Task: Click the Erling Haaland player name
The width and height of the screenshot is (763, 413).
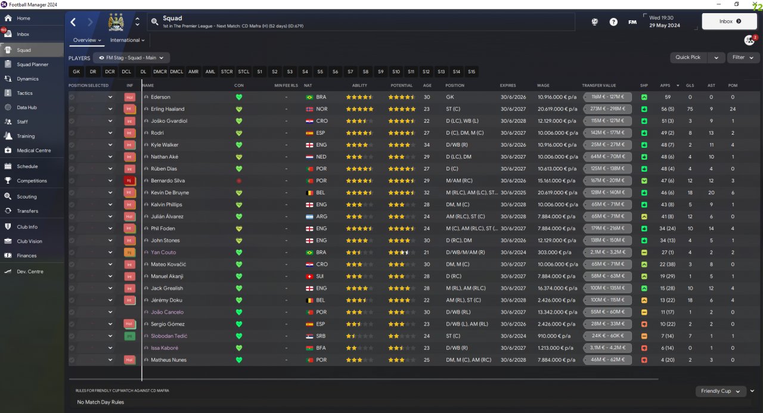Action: (x=168, y=109)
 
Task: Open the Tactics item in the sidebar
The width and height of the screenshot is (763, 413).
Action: (x=24, y=93)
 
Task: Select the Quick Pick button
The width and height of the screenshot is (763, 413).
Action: (x=688, y=57)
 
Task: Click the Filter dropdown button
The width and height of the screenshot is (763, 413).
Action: (x=743, y=57)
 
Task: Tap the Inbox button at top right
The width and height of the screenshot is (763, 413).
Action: (x=729, y=21)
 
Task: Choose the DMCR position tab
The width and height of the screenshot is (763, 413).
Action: (x=160, y=72)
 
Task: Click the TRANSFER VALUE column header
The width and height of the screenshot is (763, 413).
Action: (x=598, y=85)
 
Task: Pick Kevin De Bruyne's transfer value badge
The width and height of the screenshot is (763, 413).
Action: (x=607, y=192)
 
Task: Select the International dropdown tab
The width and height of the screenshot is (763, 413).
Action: (x=127, y=40)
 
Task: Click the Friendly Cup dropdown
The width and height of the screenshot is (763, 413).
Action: (x=720, y=391)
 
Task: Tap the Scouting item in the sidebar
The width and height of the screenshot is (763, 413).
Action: (x=27, y=197)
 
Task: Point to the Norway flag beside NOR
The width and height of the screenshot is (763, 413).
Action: (x=309, y=109)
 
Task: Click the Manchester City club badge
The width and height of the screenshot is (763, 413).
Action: (x=115, y=22)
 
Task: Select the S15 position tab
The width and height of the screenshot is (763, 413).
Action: (x=472, y=72)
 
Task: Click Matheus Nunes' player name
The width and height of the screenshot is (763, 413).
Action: (x=169, y=360)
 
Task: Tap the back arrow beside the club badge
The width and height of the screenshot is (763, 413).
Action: (x=73, y=22)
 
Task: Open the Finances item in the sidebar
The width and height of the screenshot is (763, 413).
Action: (x=27, y=256)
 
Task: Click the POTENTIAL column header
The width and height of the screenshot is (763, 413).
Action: (x=401, y=85)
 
